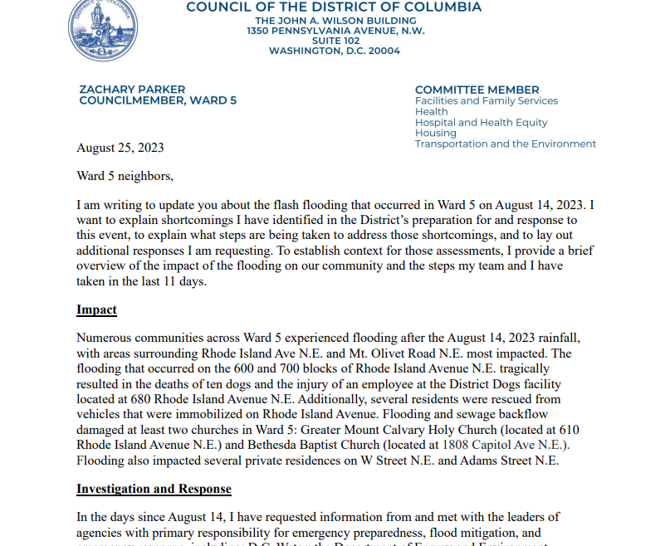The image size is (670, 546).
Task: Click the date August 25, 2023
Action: tap(120, 148)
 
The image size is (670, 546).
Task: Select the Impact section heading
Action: tap(96, 310)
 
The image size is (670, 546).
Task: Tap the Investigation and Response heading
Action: tap(154, 488)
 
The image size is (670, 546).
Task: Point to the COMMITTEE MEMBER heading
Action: tap(477, 90)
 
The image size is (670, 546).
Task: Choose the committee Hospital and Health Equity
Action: tap(481, 122)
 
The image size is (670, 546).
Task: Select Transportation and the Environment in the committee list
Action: tap(505, 144)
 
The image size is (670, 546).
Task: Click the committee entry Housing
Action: tap(435, 133)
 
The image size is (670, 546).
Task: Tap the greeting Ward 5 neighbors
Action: tap(125, 176)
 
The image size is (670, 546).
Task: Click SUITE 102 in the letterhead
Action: tap(335, 40)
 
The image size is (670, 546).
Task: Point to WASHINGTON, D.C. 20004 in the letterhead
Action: tap(335, 51)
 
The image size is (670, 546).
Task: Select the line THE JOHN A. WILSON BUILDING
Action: tap(335, 20)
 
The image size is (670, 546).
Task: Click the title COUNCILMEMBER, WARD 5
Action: tap(158, 100)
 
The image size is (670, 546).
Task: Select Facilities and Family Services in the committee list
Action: tap(486, 100)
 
